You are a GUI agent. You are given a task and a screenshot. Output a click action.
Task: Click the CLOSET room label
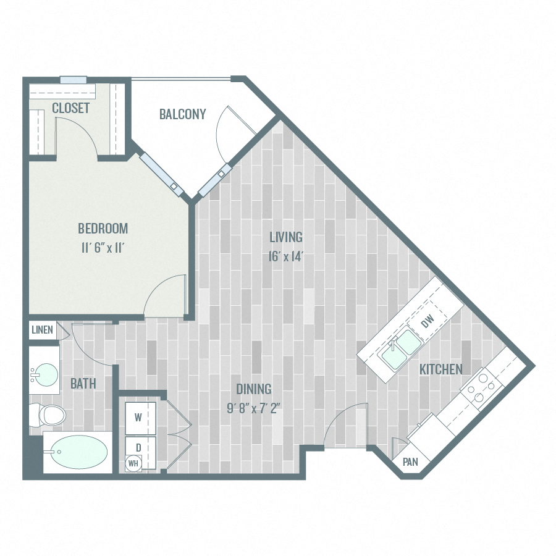pyautogui.click(x=71, y=108)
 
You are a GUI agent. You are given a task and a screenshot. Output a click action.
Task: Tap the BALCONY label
pyautogui.click(x=182, y=114)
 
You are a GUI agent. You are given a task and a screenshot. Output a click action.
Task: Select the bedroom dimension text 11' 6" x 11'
pyautogui.click(x=103, y=248)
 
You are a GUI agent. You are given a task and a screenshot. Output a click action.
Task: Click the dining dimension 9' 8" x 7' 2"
pyautogui.click(x=253, y=409)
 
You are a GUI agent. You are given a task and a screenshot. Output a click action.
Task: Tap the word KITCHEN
pyautogui.click(x=441, y=369)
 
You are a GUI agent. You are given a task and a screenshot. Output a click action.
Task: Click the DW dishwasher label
pyautogui.click(x=428, y=322)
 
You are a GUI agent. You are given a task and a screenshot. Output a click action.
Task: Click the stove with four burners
pyautogui.click(x=481, y=389)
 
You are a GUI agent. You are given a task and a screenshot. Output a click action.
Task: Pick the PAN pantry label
pyautogui.click(x=411, y=461)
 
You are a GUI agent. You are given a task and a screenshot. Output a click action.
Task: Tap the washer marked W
pyautogui.click(x=138, y=417)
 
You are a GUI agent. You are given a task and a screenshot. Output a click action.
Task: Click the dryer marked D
pyautogui.click(x=138, y=446)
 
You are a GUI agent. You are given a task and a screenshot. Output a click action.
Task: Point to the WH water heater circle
pyautogui.click(x=133, y=463)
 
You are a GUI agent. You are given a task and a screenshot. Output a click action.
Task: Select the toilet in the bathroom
pyautogui.click(x=48, y=415)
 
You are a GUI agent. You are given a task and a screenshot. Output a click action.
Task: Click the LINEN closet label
pyautogui.click(x=42, y=330)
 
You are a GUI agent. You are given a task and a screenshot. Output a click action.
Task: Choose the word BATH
pyautogui.click(x=83, y=384)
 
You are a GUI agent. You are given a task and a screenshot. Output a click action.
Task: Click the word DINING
pyautogui.click(x=254, y=389)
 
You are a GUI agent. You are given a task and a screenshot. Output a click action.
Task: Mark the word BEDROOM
pyautogui.click(x=103, y=229)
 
